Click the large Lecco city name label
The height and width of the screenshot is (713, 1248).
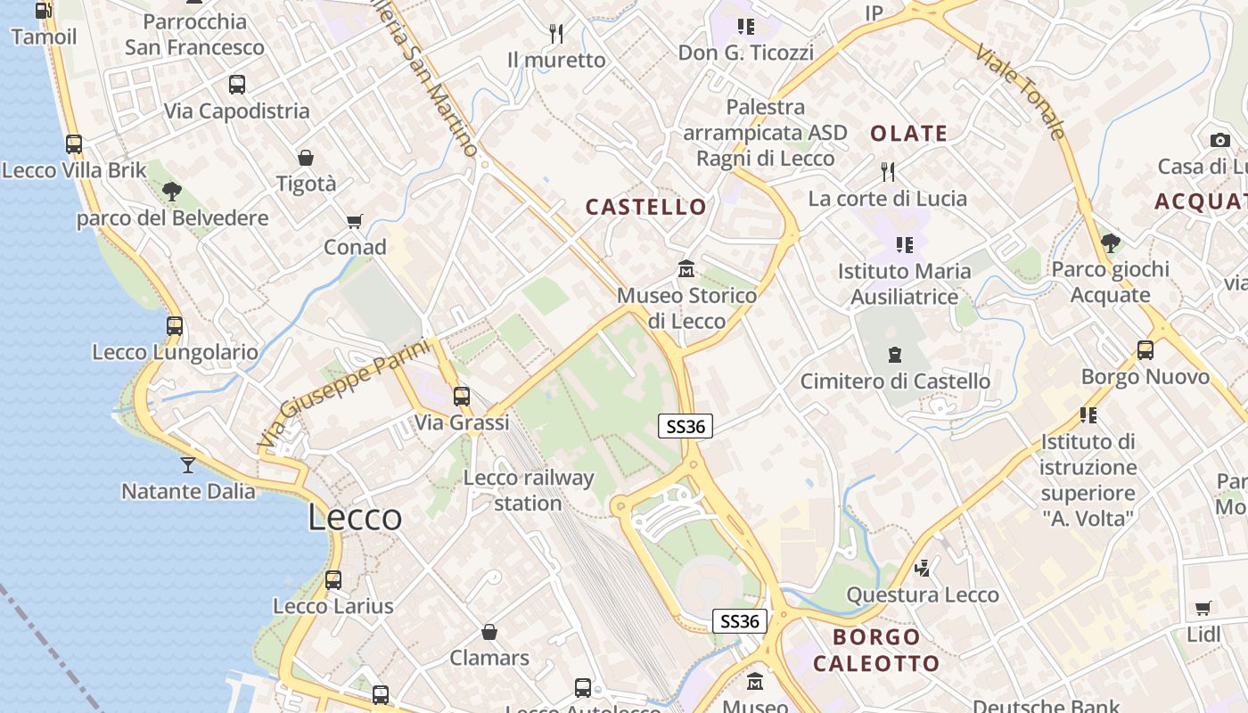[x=355, y=518]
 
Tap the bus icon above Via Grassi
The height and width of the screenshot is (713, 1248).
[x=462, y=397]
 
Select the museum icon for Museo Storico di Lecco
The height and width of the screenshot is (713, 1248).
[x=686, y=268]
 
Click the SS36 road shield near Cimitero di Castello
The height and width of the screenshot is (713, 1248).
[x=686, y=427]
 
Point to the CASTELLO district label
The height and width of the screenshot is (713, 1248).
[x=646, y=208]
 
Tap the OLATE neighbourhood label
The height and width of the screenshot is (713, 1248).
[x=908, y=135]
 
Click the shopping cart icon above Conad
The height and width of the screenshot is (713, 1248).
[x=355, y=221]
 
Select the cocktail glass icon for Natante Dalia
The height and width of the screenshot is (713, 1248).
[x=187, y=464]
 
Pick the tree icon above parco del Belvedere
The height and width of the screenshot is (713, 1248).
[x=172, y=192]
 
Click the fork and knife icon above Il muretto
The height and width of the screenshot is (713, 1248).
[x=556, y=34]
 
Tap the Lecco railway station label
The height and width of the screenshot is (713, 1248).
[x=529, y=490]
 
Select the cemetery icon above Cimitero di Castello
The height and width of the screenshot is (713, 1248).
[x=895, y=355]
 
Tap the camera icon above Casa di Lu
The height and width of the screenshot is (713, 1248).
[x=1220, y=140]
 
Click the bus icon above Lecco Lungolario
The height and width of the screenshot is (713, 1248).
[x=175, y=326]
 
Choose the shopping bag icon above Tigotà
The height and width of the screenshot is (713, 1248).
[x=306, y=158]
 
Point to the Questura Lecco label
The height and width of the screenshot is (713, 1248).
[x=923, y=594]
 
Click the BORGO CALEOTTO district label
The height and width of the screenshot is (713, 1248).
[x=876, y=650]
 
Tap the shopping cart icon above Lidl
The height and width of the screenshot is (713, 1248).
[x=1203, y=609]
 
